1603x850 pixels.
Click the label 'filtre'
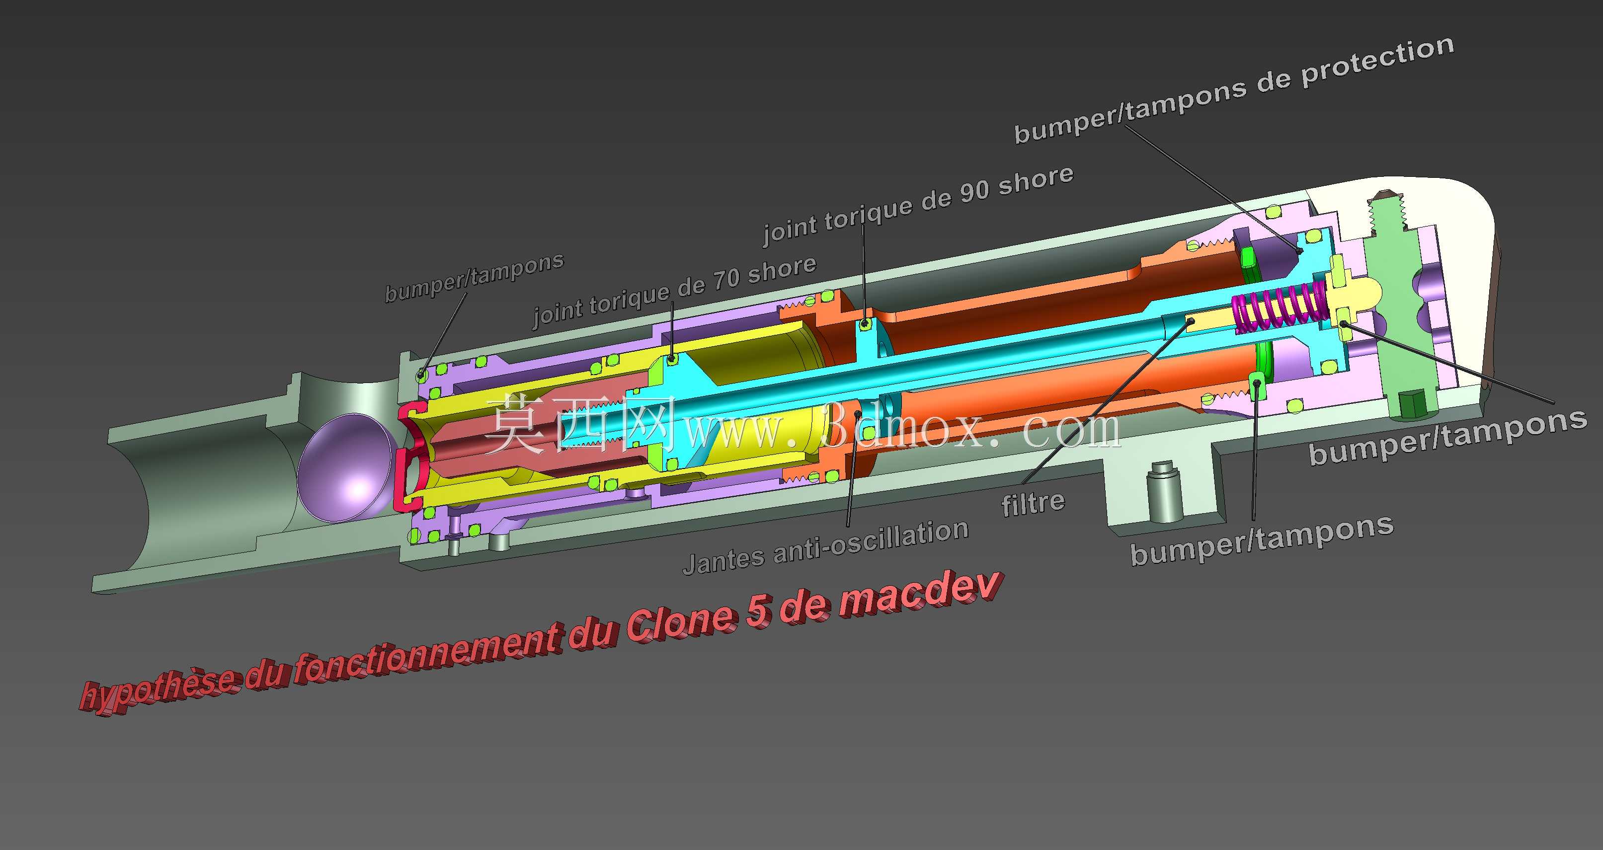click(x=1033, y=503)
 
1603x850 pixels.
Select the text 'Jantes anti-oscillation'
click(x=826, y=547)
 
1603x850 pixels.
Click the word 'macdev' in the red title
click(x=921, y=597)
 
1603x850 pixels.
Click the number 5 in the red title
click(x=758, y=612)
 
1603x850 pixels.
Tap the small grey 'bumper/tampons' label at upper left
click(x=474, y=277)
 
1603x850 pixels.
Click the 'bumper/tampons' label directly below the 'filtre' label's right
click(x=1262, y=540)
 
